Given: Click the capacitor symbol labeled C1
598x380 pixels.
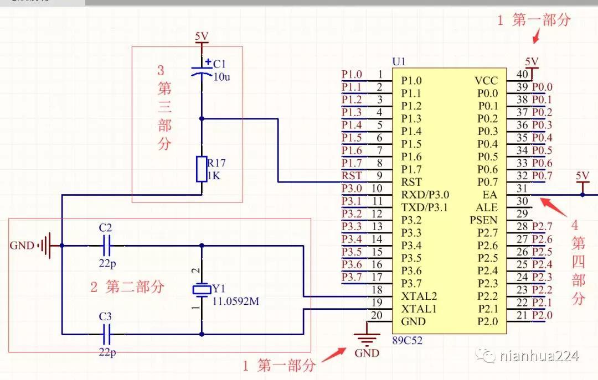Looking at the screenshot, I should pos(202,70).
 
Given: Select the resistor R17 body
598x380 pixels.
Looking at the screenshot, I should pos(202,169).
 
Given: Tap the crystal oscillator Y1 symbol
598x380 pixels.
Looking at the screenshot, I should pos(202,289).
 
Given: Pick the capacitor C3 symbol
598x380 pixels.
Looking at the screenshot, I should pos(107,334).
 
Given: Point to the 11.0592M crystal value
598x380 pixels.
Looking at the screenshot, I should pos(236,301).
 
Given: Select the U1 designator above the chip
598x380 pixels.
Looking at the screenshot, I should pos(398,61).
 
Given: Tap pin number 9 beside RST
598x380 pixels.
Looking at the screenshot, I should pos(379,176).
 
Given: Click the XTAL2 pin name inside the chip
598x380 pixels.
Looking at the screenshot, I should pos(419,296).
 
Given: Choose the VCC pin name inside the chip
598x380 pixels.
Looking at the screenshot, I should pos(486,81).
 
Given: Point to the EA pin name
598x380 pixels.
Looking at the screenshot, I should pos(490,195).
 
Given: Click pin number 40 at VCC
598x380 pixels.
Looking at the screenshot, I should pos(522,74).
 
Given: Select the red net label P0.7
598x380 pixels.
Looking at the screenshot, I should pos(542,176).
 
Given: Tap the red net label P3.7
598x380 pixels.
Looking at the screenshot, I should pos(352,277).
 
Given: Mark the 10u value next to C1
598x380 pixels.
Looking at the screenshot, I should pos(221,77).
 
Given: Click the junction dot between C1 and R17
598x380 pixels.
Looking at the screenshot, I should pos(202,118).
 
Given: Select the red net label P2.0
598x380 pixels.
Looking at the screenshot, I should pos(542,315).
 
